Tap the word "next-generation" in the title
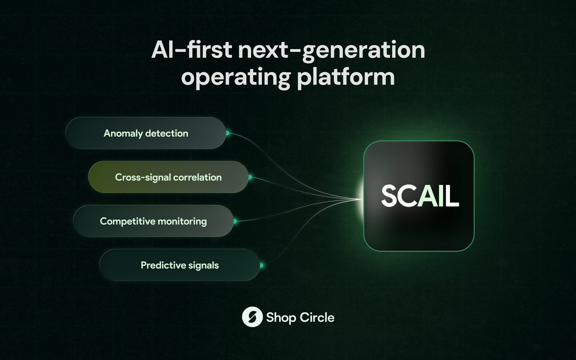(x=332, y=51)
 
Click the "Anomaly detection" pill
(x=146, y=133)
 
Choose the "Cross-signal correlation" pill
(x=168, y=177)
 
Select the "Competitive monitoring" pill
(x=154, y=221)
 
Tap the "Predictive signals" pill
(x=180, y=265)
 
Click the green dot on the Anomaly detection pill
(x=227, y=133)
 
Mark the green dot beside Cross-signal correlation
(x=250, y=177)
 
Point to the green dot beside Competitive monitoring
(x=235, y=221)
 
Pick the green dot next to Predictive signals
(x=261, y=265)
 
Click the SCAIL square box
(x=419, y=196)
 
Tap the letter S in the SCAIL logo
(x=390, y=196)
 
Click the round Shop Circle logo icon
(x=252, y=317)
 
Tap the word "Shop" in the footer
(x=281, y=318)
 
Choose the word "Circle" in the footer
(x=317, y=317)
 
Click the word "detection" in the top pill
(x=167, y=133)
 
